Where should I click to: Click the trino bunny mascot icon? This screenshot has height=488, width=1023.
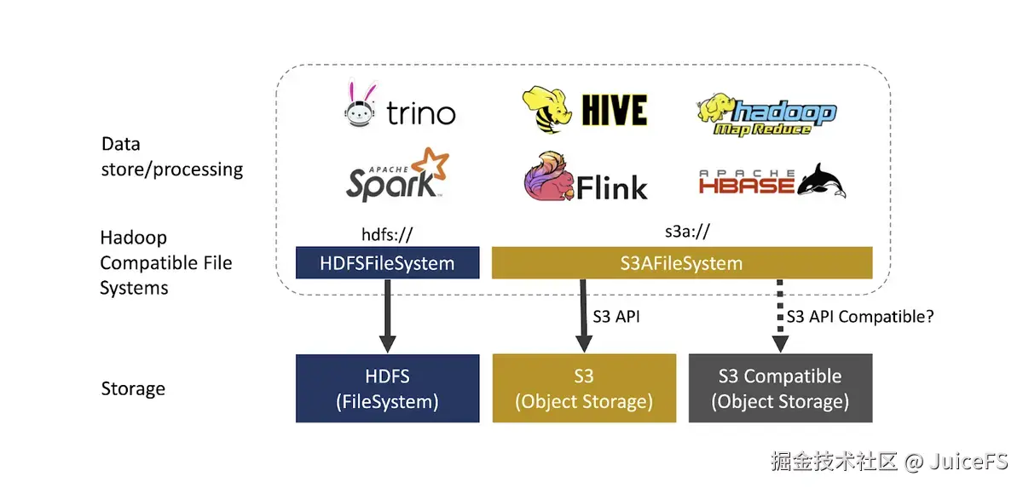point(361,104)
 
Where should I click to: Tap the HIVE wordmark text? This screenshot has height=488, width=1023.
point(615,110)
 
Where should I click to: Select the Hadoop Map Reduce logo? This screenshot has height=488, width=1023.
point(766,115)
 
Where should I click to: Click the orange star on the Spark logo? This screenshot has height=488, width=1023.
point(431,164)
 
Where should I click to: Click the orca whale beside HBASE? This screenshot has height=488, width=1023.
point(822,181)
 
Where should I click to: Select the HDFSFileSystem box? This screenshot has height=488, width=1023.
point(387,262)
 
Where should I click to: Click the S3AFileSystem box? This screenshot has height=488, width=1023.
point(682,262)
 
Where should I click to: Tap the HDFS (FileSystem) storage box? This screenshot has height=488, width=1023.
point(387,388)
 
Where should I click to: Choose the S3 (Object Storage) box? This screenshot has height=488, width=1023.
point(584,388)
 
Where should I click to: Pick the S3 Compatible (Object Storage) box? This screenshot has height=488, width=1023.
point(781,388)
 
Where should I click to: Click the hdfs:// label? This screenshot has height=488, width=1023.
point(387,234)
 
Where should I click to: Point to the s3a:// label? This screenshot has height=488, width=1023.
point(687,232)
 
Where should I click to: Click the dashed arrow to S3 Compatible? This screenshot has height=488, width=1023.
point(780,316)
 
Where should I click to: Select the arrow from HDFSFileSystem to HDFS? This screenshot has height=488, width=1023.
point(387,316)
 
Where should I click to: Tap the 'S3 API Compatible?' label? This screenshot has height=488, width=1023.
point(860,317)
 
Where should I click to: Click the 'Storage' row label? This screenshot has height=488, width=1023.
point(133,388)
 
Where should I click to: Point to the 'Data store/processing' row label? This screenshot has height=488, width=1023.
point(171,157)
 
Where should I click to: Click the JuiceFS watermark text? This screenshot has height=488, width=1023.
point(968,462)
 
